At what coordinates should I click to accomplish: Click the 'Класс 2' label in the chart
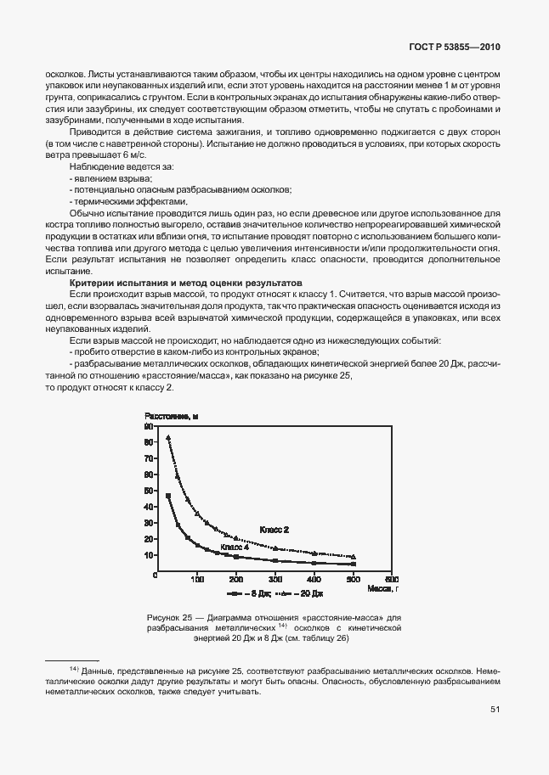coord(274,529)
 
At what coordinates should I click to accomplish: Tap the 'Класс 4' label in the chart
coord(235,548)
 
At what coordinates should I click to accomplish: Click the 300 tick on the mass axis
coord(274,580)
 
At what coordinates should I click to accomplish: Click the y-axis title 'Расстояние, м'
coord(171,416)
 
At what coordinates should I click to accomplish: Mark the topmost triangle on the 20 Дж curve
coord(168,438)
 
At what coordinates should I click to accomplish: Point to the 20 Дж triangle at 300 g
coord(274,548)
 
